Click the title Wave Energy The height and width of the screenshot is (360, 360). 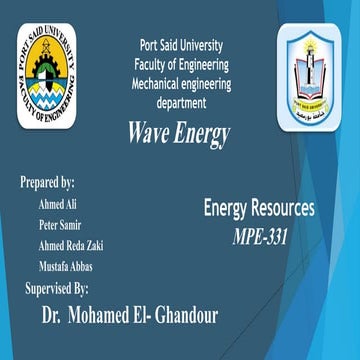[179, 133]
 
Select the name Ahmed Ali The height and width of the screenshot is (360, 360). [58, 203]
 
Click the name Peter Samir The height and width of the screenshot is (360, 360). [61, 224]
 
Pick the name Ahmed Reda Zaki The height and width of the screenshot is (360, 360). [70, 246]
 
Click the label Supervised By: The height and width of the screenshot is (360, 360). [63, 289]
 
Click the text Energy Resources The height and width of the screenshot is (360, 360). [258, 209]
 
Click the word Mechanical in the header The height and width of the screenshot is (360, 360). [158, 84]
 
